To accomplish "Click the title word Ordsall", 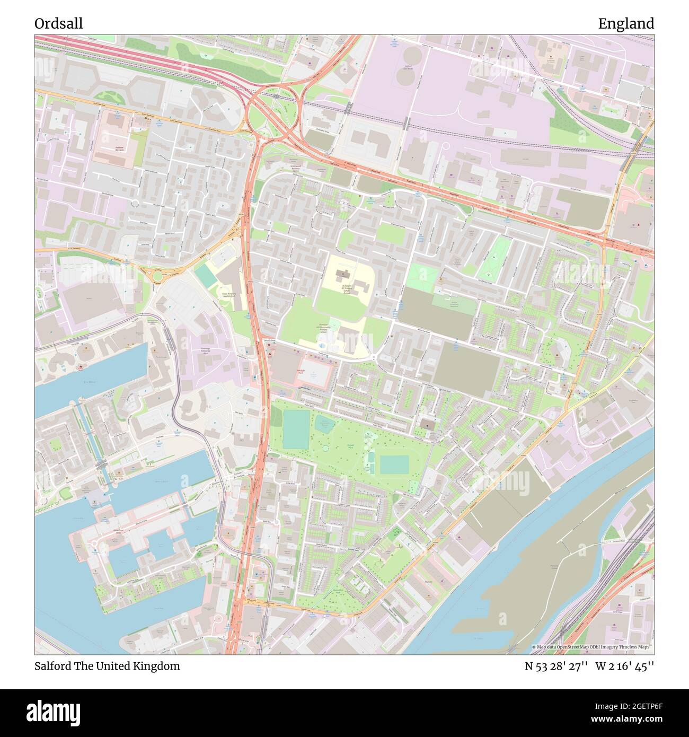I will click(58, 23).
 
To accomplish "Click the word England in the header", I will click(626, 23).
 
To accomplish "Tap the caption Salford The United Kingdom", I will click(107, 666).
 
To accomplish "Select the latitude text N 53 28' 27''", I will click(555, 666).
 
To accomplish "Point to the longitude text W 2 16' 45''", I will click(624, 666).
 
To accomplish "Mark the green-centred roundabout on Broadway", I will click(158, 274).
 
